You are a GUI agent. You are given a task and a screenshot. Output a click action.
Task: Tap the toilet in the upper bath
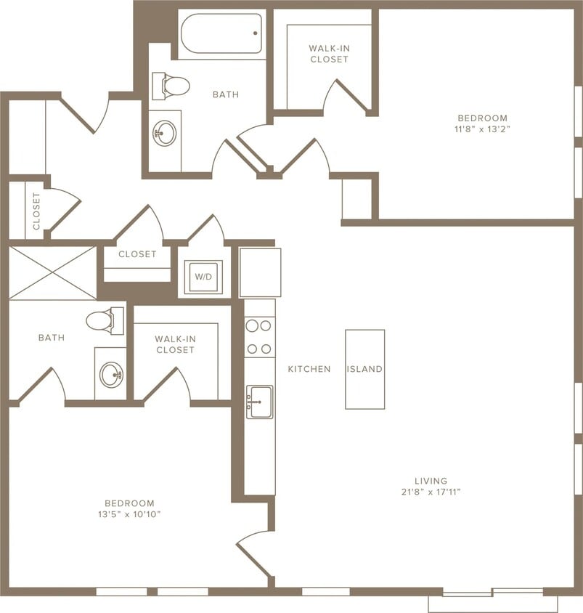tap(171, 86)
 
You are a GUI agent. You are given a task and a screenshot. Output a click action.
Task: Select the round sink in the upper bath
tap(165, 133)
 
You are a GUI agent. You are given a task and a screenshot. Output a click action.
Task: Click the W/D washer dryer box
tap(203, 277)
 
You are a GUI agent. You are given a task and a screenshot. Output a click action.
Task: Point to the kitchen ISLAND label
tap(364, 369)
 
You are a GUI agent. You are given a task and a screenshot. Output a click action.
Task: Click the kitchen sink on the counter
tap(259, 402)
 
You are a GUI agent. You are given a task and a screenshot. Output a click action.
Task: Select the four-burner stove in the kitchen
tap(259, 337)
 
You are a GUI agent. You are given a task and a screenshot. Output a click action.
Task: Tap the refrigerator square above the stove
tap(260, 272)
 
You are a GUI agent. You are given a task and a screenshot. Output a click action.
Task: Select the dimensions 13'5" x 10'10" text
tap(129, 514)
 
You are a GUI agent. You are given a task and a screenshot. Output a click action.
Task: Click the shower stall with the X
tap(52, 272)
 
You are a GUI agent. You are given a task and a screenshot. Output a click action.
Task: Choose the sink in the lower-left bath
tap(111, 375)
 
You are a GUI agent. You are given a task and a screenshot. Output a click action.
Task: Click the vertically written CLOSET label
tap(36, 211)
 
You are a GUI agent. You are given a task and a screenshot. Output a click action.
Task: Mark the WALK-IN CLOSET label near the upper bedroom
tap(329, 54)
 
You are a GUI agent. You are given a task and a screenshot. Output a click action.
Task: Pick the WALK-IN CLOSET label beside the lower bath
tap(174, 344)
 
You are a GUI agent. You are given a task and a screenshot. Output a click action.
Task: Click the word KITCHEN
tap(309, 369)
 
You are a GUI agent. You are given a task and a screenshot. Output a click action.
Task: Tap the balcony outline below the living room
tap(493, 603)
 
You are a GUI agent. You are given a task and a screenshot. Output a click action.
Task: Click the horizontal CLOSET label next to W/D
tap(137, 254)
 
